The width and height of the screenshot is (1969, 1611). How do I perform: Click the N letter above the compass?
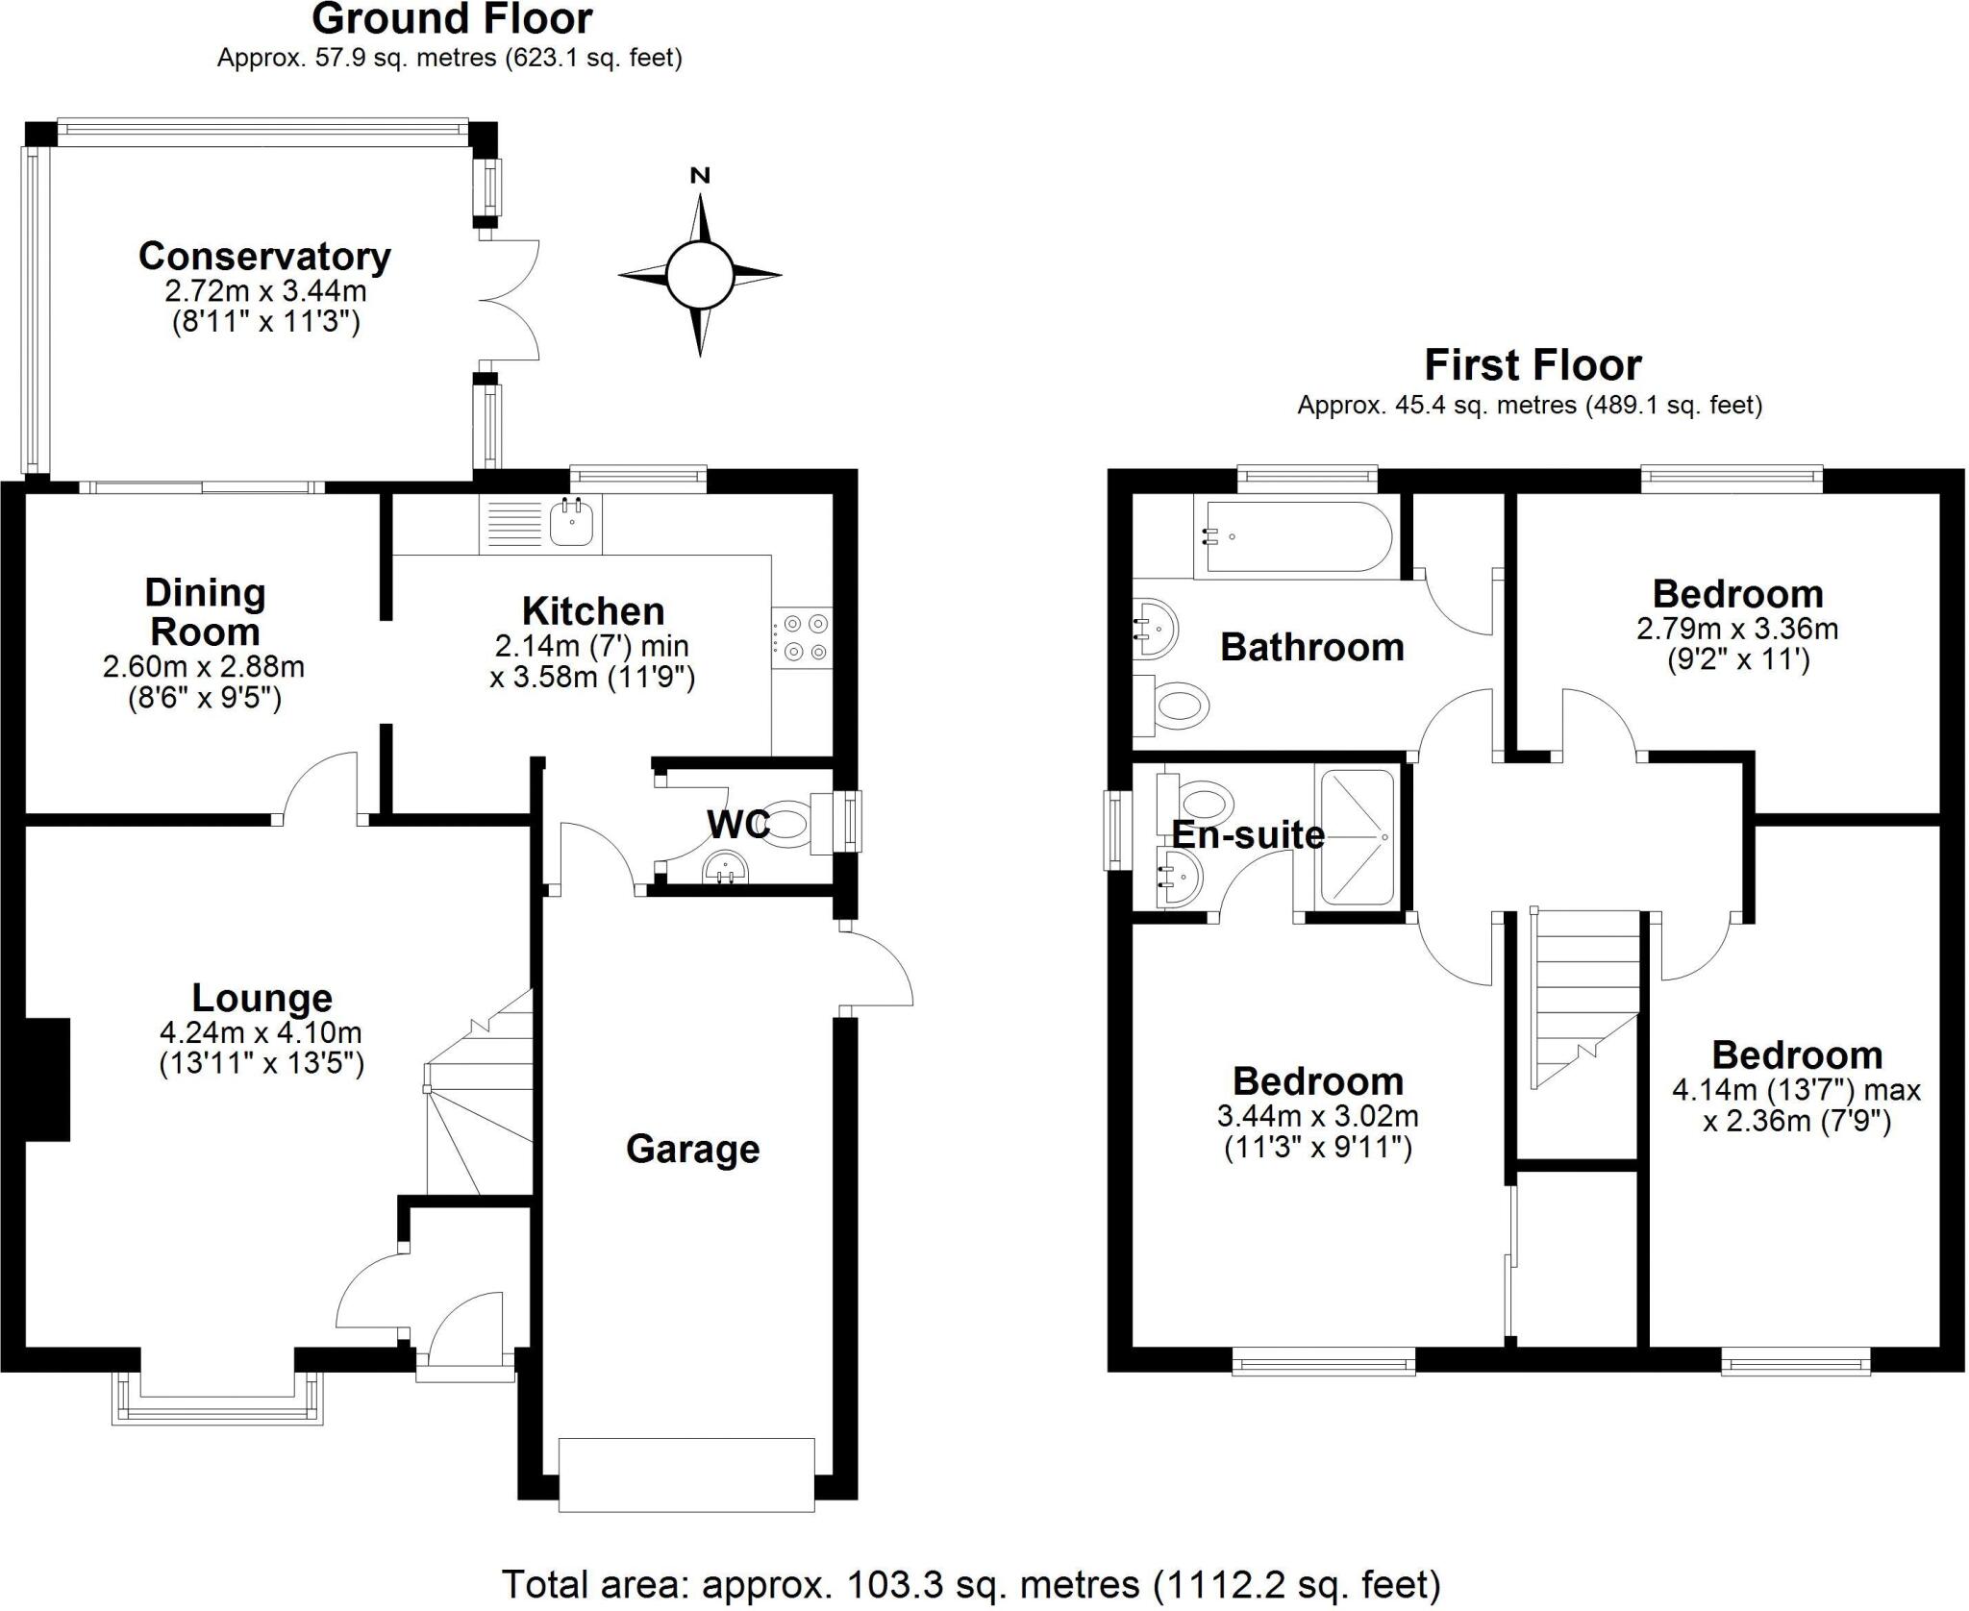click(x=700, y=175)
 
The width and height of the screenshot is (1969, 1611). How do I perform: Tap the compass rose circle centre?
click(x=700, y=274)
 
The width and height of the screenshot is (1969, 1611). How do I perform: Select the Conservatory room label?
click(x=264, y=256)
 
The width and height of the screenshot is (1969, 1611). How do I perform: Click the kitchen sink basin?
click(x=573, y=524)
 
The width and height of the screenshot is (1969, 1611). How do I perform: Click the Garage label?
click(x=692, y=1149)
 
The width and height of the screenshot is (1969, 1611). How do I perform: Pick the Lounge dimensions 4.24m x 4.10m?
click(x=261, y=1033)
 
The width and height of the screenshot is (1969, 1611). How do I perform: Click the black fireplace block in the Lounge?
click(x=48, y=1079)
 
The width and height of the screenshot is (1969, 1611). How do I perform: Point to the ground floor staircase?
click(x=479, y=1096)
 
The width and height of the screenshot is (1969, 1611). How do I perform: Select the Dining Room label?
click(x=204, y=612)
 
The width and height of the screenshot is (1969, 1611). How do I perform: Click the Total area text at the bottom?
click(x=971, y=1583)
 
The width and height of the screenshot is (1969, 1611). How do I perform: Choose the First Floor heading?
click(x=1533, y=365)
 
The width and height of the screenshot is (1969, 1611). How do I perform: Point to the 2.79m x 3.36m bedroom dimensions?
click(x=1737, y=629)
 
